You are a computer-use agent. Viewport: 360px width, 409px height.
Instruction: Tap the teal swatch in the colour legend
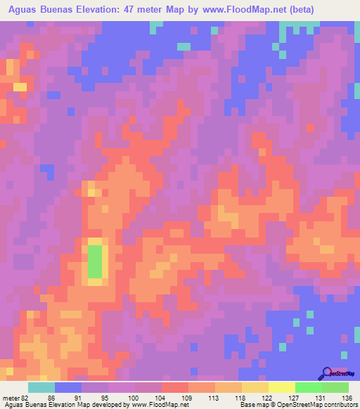(41, 387)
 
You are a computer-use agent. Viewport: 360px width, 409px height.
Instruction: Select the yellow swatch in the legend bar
(255, 387)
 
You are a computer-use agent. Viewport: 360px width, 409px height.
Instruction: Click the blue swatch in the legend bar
(68, 387)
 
